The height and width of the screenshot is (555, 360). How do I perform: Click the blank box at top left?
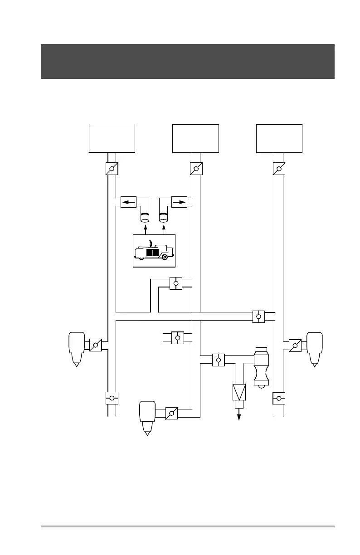(x=112, y=138)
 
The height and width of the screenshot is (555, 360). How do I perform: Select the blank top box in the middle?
(x=196, y=138)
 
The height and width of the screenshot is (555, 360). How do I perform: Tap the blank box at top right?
(x=279, y=138)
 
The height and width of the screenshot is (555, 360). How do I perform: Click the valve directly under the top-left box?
(x=112, y=169)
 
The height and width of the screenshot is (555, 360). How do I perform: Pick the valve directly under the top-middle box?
(x=196, y=169)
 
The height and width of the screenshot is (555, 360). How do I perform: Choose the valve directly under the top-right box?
(x=279, y=169)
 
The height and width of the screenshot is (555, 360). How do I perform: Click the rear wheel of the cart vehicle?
(x=165, y=257)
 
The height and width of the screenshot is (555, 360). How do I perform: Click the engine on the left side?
(x=76, y=348)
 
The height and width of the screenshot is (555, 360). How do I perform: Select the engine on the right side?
(x=314, y=348)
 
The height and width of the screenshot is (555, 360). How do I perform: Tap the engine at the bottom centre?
(x=147, y=416)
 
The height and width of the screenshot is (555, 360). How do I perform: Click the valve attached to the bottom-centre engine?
(x=171, y=413)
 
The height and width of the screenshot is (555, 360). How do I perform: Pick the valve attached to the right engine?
(x=295, y=346)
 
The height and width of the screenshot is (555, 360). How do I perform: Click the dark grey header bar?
(x=187, y=61)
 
